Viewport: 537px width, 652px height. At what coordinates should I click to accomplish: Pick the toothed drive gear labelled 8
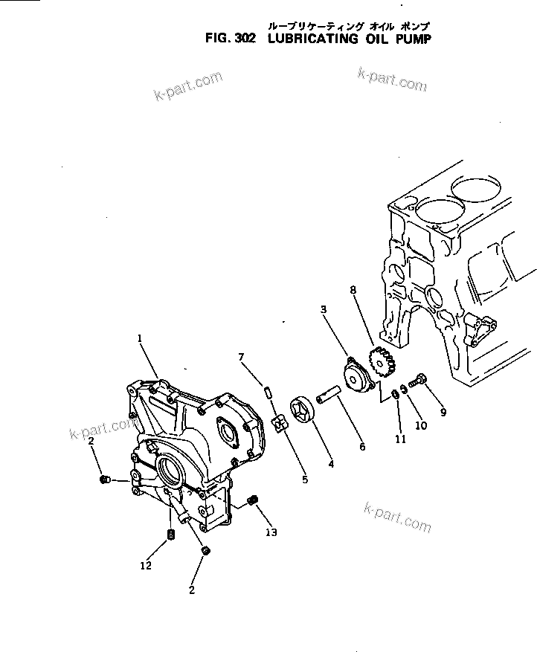pos(384,362)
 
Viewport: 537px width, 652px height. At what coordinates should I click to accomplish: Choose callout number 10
pos(420,425)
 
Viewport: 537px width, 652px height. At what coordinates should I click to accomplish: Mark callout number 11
pos(401,439)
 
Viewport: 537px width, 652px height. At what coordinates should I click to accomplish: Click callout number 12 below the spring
pos(146,566)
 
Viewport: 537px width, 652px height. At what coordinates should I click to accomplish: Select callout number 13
pos(272,532)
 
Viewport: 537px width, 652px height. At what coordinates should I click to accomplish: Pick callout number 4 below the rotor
pos(329,465)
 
